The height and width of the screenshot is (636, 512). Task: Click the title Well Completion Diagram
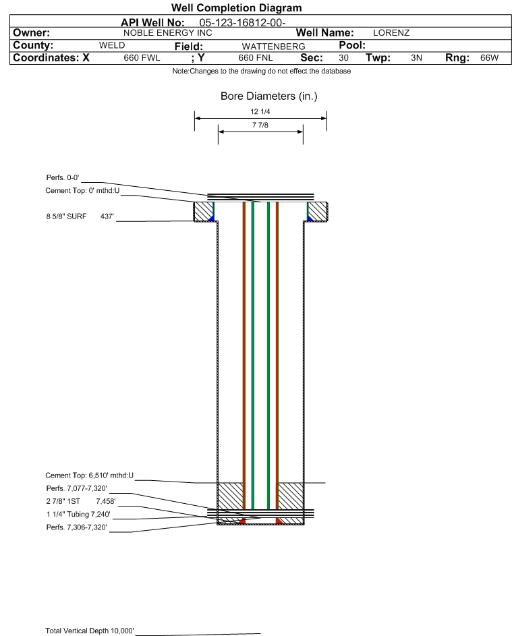coord(236,7)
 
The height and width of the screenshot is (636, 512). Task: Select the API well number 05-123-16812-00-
coord(242,23)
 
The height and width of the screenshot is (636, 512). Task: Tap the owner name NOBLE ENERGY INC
coord(167,33)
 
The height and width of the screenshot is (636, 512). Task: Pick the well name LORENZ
coord(391,33)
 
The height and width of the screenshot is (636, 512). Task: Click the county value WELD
coord(112,45)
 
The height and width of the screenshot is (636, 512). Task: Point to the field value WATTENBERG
coord(273,47)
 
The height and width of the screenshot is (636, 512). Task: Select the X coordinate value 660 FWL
coord(142,57)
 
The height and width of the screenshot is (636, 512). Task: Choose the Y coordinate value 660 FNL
coord(256,57)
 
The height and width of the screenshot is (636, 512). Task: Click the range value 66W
coord(489,57)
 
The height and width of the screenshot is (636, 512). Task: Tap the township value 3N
coord(416,57)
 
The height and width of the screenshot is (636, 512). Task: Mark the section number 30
coord(343,57)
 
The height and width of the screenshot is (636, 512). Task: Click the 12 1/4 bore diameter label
coord(260,111)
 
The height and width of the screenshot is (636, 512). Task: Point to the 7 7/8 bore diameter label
coord(260,125)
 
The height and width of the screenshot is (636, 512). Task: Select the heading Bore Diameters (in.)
coord(269,96)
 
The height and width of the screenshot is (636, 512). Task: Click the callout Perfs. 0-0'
coord(63,177)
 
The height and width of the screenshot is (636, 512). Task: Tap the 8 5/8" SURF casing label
coord(66,216)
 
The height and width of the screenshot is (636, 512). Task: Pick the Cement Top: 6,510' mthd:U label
coord(89,475)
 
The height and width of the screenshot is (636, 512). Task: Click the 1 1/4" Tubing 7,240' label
coord(78,515)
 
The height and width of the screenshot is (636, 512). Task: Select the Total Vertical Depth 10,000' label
coord(90,631)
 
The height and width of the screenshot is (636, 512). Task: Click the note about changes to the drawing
coord(261,71)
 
